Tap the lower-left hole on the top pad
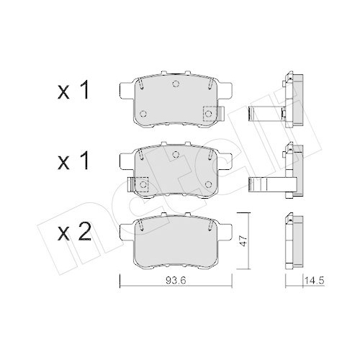pos(143,114)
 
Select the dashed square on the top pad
pos(210,113)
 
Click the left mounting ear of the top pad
pos(123,90)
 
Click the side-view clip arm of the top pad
pos(264,114)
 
